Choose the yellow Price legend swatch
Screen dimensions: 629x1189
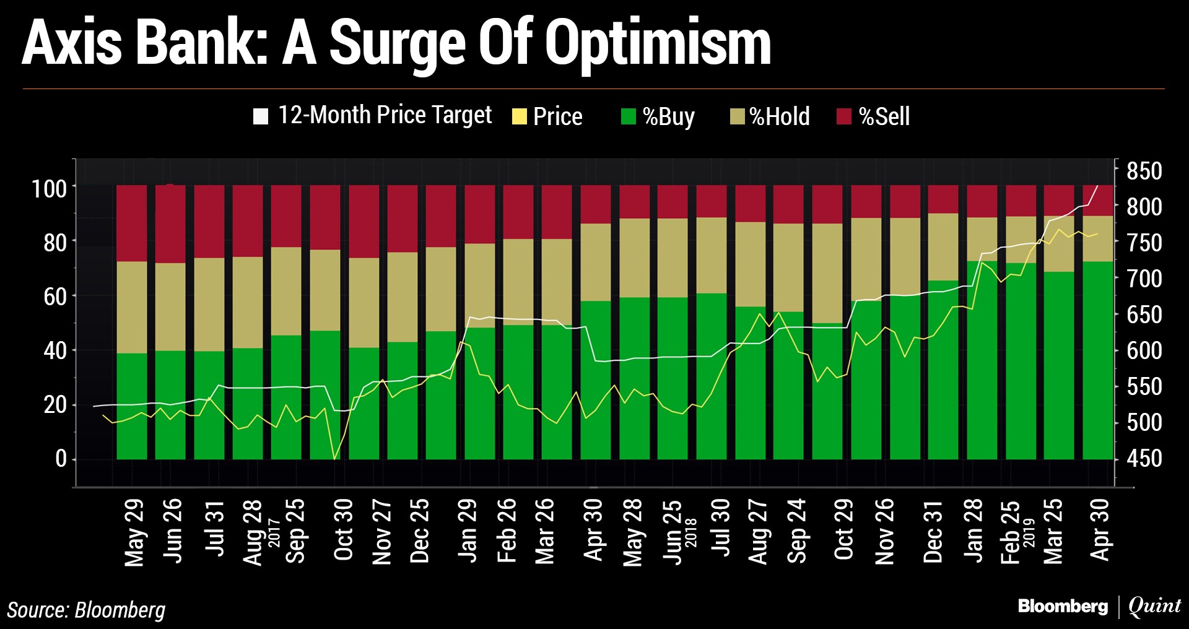click(519, 116)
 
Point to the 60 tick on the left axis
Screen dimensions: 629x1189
click(55, 297)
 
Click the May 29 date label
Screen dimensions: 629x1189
click(134, 532)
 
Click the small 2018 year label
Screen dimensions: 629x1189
click(692, 532)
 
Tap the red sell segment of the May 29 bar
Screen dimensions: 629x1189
click(132, 223)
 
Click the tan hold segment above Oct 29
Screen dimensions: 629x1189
click(827, 272)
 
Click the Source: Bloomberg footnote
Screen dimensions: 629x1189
click(86, 610)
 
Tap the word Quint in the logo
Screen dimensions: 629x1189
click(1155, 606)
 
